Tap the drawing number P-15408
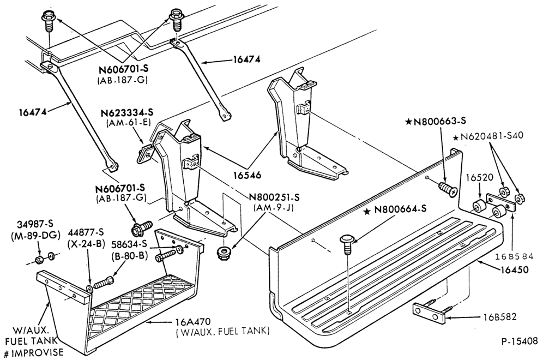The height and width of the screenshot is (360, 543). [x=520, y=341]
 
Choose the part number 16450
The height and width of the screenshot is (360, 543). [x=514, y=269]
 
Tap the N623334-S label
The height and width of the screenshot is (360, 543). [x=127, y=113]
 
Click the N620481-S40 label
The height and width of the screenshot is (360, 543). [x=488, y=136]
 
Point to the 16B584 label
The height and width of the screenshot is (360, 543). [x=514, y=256]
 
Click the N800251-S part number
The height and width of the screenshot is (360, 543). [x=274, y=197]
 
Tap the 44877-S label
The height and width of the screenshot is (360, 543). [x=86, y=232]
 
